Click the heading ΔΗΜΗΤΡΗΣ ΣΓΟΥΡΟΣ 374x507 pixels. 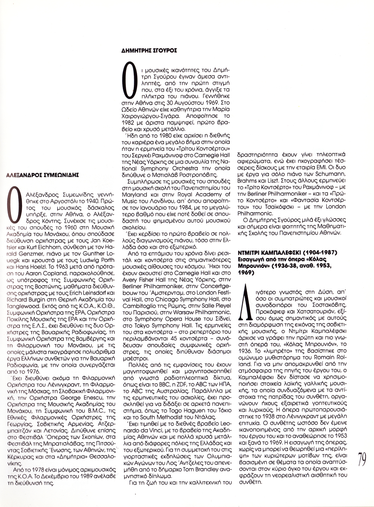149,50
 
